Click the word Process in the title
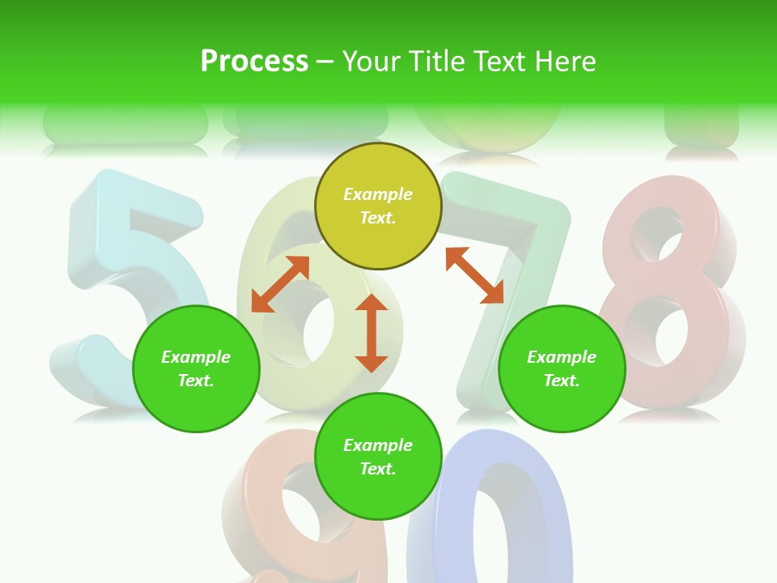[x=254, y=62]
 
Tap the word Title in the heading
[x=431, y=62]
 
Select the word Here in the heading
[x=565, y=62]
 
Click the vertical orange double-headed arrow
[x=372, y=333]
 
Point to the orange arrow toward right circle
[x=475, y=275]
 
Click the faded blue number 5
[x=121, y=267]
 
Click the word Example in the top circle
[x=378, y=194]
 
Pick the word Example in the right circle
[x=562, y=357]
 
